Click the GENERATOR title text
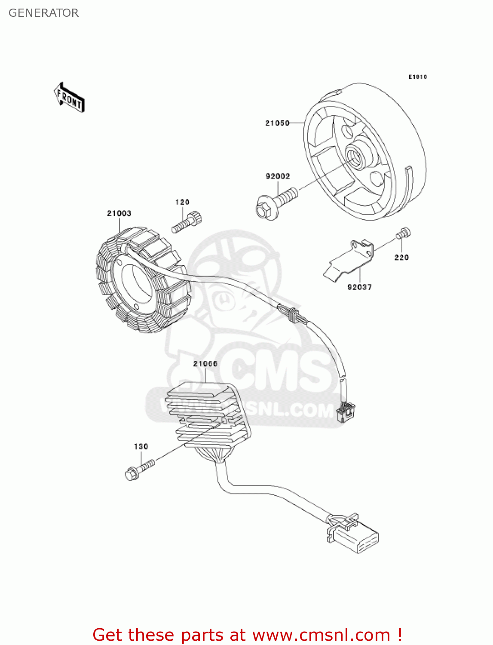click(x=43, y=13)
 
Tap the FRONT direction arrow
click(x=69, y=98)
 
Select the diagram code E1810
click(x=417, y=77)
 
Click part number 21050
click(x=277, y=123)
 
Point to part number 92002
click(x=278, y=176)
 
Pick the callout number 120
click(x=182, y=202)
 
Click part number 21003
click(x=119, y=213)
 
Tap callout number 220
click(x=401, y=258)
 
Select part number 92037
click(x=359, y=287)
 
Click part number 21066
click(x=205, y=364)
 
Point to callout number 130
click(x=141, y=447)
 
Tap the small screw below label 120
click(x=187, y=222)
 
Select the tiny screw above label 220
click(x=403, y=233)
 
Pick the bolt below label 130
click(x=138, y=470)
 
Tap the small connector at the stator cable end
click(x=346, y=412)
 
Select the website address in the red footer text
click(x=321, y=635)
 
